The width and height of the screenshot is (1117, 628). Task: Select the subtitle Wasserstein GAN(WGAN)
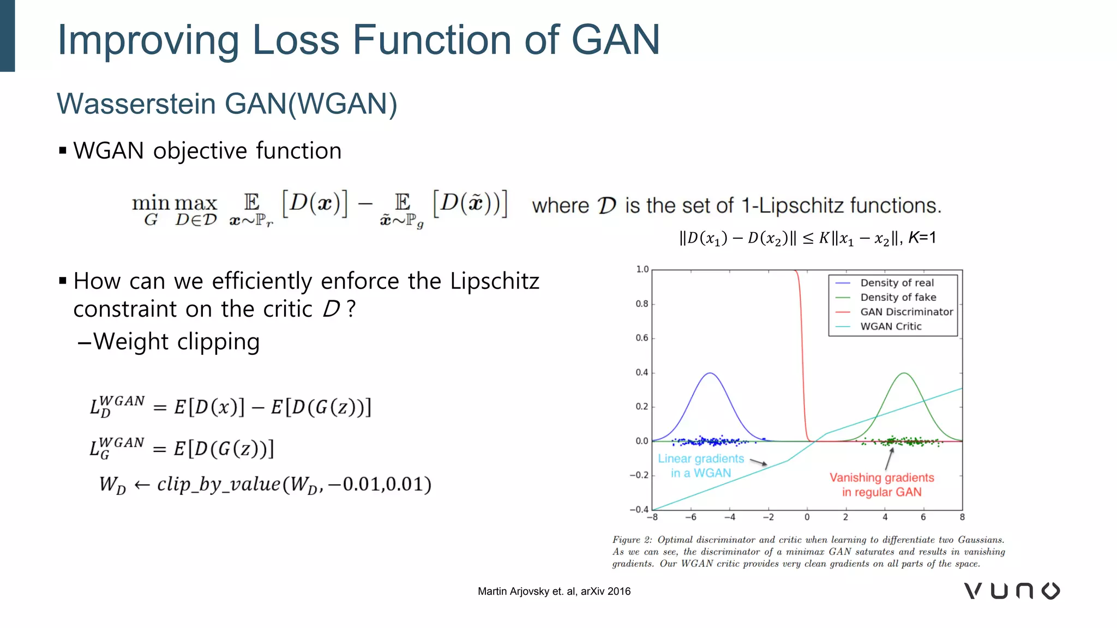(x=227, y=104)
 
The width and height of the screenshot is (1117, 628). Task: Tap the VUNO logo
(x=1012, y=591)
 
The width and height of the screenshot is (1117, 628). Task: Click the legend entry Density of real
(x=897, y=283)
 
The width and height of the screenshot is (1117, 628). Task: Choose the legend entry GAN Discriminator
(x=906, y=312)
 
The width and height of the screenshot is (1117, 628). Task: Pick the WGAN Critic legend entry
(x=891, y=327)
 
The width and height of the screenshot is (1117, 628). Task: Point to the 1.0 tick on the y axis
(x=642, y=269)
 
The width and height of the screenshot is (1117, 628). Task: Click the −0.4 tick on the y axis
(x=639, y=510)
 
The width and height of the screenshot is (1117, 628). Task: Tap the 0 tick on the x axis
(x=807, y=517)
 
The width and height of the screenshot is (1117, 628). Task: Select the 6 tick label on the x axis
(x=923, y=517)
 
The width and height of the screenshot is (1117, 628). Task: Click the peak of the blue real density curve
(x=710, y=373)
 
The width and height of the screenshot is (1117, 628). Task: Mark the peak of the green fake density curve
(x=904, y=373)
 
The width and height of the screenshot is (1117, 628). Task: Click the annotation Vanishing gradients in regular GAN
(x=881, y=485)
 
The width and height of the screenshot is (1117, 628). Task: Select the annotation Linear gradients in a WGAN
(x=701, y=466)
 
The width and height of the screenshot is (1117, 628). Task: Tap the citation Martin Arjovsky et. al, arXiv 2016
(x=554, y=591)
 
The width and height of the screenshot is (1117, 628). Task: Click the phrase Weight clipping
(x=176, y=342)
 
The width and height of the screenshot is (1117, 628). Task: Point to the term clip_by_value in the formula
(x=219, y=484)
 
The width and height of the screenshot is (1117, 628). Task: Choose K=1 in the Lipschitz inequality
(x=922, y=238)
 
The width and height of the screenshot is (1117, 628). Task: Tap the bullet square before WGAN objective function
(x=63, y=150)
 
